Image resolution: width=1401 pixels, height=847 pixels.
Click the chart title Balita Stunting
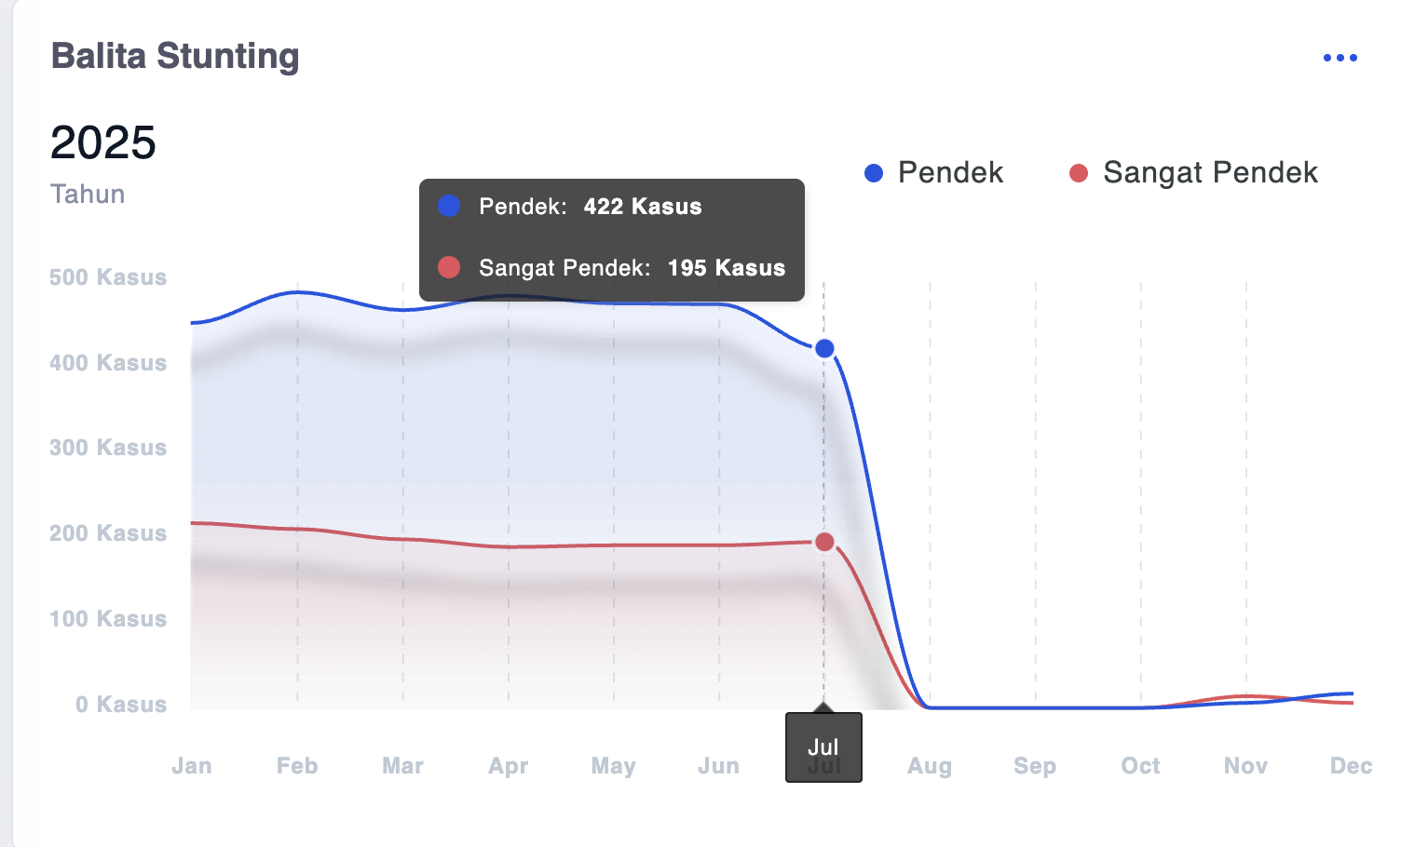(175, 57)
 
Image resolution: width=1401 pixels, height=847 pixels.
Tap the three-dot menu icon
(1340, 58)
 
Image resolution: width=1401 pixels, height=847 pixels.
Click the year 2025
(103, 142)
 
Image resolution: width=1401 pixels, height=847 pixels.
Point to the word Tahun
(88, 194)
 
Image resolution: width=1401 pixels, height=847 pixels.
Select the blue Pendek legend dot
(874, 172)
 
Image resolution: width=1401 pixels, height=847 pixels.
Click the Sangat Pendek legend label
(1210, 172)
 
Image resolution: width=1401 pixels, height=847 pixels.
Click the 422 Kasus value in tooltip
(643, 207)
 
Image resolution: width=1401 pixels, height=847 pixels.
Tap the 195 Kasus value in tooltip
(727, 267)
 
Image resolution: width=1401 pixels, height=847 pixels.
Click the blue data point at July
(824, 348)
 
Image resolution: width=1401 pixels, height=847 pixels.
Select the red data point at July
(824, 542)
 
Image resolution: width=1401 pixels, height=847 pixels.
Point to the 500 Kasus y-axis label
(108, 277)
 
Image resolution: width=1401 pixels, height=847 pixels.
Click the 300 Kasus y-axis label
(108, 448)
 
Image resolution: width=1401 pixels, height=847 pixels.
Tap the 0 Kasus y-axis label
(121, 705)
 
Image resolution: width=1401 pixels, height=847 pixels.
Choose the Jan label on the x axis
(191, 766)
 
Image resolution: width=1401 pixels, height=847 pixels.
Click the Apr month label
(508, 766)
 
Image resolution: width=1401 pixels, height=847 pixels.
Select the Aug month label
(930, 766)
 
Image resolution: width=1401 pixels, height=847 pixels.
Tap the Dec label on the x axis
(1351, 766)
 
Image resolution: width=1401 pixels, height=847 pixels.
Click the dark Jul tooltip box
(823, 747)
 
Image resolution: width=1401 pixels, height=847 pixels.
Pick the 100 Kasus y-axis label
(108, 619)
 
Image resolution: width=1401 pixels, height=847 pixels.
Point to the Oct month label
(1140, 766)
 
